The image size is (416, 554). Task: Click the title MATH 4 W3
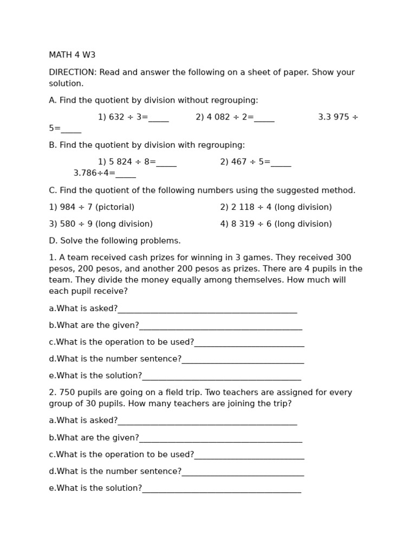72,55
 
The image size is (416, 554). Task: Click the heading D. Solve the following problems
115,241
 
